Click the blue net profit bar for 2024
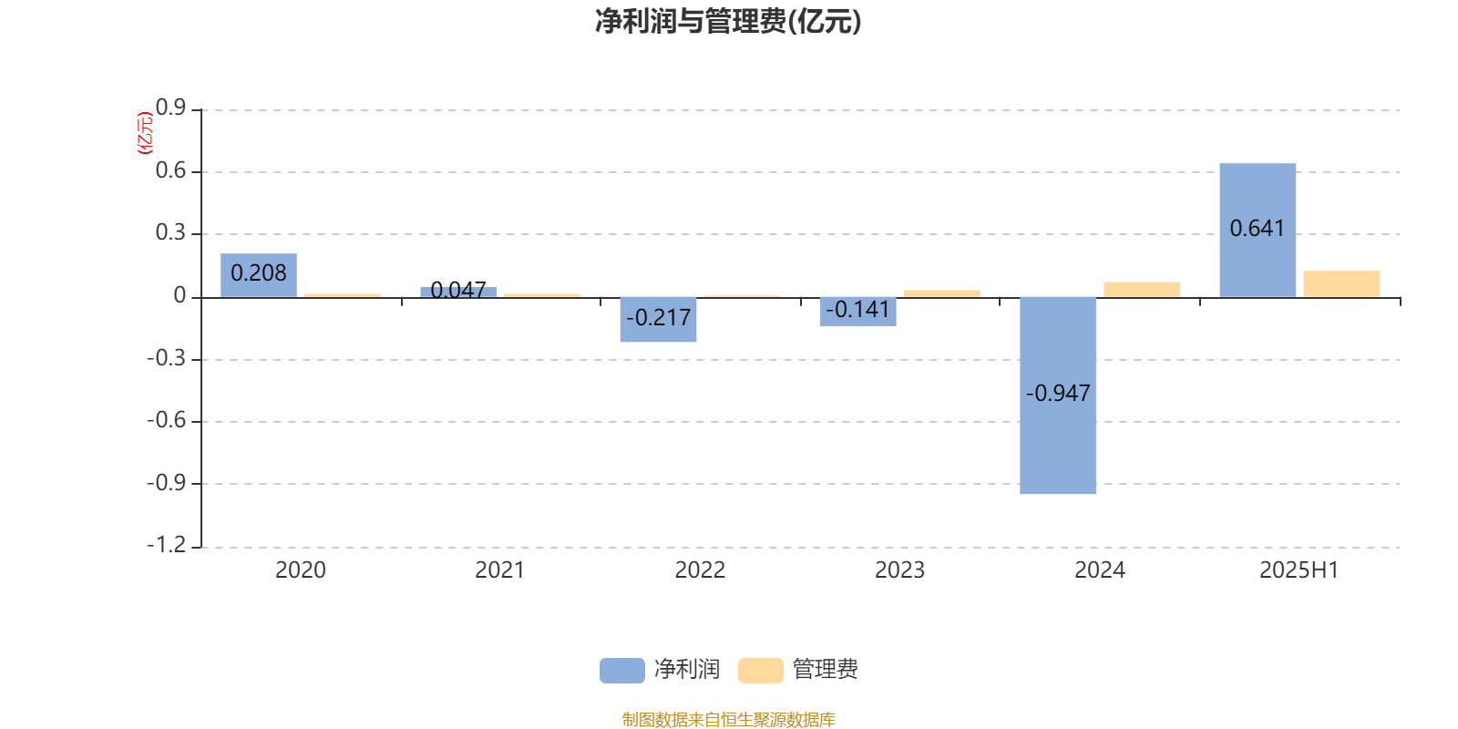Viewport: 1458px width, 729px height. click(1058, 395)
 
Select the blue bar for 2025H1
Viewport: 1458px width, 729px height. click(1258, 230)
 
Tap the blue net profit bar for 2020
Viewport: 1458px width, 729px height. click(259, 275)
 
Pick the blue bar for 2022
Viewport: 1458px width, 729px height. click(658, 320)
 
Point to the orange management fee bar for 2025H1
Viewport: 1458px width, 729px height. click(1341, 283)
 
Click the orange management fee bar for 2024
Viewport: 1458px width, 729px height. click(1142, 290)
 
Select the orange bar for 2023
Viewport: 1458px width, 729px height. click(942, 293)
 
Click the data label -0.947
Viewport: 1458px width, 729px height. click(1058, 393)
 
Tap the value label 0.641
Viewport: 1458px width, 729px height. click(1257, 229)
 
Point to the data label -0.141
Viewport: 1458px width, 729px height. click(857, 310)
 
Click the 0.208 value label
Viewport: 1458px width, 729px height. click(259, 273)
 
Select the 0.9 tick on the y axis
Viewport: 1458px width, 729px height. click(170, 108)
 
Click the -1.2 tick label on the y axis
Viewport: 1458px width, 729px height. click(167, 545)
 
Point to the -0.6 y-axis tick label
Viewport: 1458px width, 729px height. click(167, 420)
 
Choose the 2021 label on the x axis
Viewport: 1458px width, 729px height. click(500, 570)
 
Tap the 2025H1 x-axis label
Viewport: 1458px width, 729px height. click(1299, 570)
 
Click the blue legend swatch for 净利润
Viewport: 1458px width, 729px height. click(622, 671)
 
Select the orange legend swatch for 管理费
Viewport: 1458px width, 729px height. click(760, 671)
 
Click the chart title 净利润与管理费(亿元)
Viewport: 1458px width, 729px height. click(728, 22)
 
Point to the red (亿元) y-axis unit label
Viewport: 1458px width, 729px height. click(145, 133)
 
